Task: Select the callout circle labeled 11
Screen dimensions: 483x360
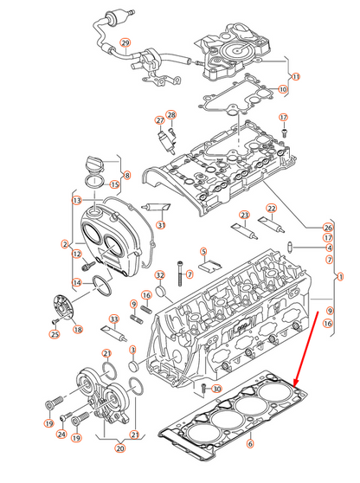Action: (x=295, y=77)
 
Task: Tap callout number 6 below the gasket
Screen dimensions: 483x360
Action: (x=250, y=444)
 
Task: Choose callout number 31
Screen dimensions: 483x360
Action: (x=161, y=228)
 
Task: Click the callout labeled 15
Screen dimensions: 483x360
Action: (x=114, y=184)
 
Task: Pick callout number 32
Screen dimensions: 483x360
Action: (x=160, y=276)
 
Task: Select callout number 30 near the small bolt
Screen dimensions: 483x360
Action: (x=216, y=389)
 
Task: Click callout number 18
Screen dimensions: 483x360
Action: (x=78, y=330)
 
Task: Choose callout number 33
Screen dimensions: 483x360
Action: (x=113, y=319)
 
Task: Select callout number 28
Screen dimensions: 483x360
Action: (x=170, y=115)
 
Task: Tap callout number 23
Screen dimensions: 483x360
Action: (x=245, y=215)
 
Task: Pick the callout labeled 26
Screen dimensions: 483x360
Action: (x=328, y=227)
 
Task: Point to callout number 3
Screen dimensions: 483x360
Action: (x=132, y=349)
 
